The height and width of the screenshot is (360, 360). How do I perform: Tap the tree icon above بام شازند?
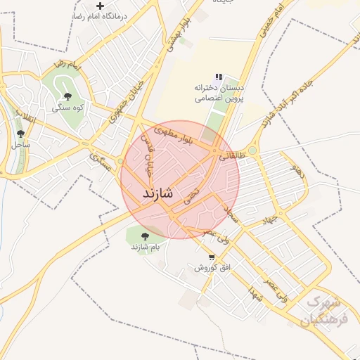146,236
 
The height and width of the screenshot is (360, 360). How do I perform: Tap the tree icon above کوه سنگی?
68,96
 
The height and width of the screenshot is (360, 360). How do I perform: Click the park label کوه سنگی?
68,108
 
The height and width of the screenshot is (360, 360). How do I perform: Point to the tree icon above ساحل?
20,133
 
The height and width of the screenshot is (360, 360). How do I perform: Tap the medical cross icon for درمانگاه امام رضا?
100,5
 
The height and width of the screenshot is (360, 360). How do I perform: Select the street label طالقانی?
233,156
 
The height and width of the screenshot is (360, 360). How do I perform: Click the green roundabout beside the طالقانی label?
252,150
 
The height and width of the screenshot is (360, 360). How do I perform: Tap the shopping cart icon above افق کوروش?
212,257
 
